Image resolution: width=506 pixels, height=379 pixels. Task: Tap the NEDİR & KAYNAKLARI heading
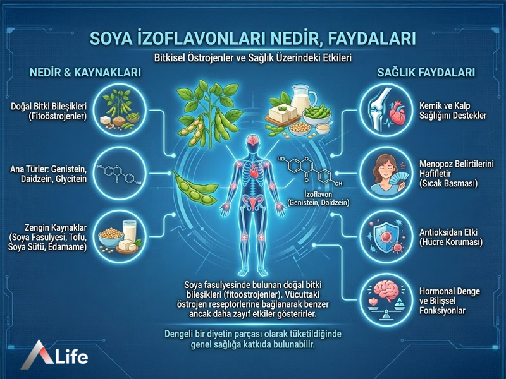click(85, 73)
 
